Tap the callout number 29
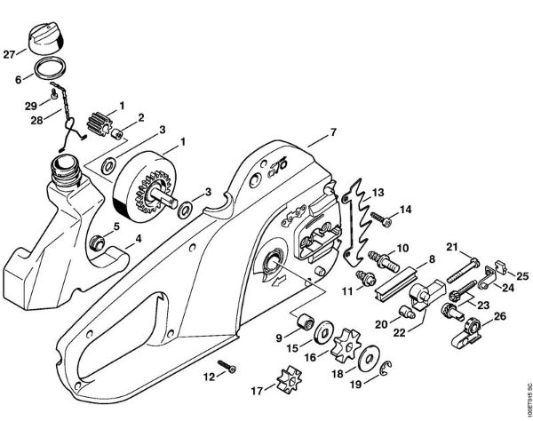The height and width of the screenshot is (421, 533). click(28, 105)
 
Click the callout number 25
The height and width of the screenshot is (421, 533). click(523, 275)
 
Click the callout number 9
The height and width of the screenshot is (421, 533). click(280, 338)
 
